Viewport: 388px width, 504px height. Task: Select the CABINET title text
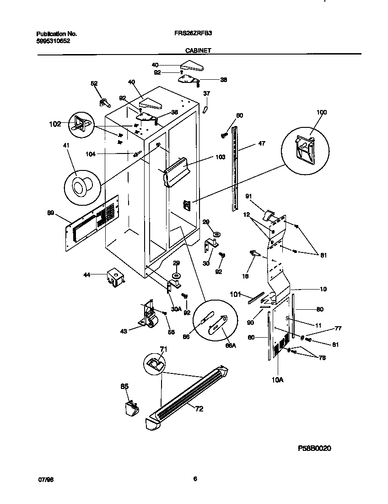(198, 51)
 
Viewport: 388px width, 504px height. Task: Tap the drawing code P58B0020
(314, 448)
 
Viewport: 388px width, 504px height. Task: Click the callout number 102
(55, 123)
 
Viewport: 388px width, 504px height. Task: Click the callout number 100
(322, 112)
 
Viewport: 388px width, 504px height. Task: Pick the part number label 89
(51, 212)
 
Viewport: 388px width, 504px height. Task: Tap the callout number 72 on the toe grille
(199, 409)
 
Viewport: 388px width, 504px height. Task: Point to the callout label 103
(220, 157)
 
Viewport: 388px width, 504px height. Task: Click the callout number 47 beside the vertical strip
(261, 143)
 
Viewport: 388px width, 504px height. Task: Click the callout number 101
(235, 295)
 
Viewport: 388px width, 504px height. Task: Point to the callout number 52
(94, 83)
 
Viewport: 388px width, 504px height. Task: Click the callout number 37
(206, 93)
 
